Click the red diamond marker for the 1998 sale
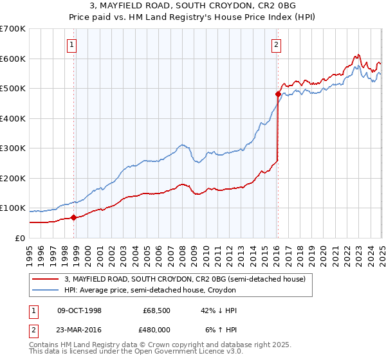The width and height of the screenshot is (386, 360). (73, 217)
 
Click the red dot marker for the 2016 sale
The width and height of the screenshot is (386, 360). (278, 94)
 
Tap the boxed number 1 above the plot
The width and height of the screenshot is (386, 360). (71, 44)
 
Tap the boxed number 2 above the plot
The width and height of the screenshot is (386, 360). (275, 44)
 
